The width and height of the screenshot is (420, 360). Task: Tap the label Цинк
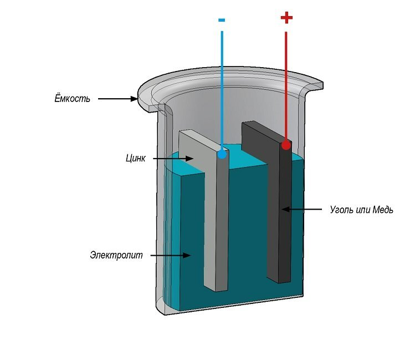[136, 158]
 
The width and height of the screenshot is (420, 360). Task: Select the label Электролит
[116, 255]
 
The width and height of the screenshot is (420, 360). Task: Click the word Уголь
[342, 210]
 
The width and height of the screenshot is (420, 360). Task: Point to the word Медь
[382, 210]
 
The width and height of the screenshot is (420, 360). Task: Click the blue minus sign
[222, 20]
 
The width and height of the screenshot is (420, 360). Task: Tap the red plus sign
[286, 18]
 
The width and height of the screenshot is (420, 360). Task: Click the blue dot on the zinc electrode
[222, 154]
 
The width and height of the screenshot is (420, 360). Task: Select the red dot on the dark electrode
[286, 145]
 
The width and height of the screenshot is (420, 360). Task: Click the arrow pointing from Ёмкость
[118, 99]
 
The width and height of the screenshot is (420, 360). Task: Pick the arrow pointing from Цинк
[172, 159]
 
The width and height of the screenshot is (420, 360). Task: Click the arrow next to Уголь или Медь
[302, 210]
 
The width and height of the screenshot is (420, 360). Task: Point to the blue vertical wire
[222, 89]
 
